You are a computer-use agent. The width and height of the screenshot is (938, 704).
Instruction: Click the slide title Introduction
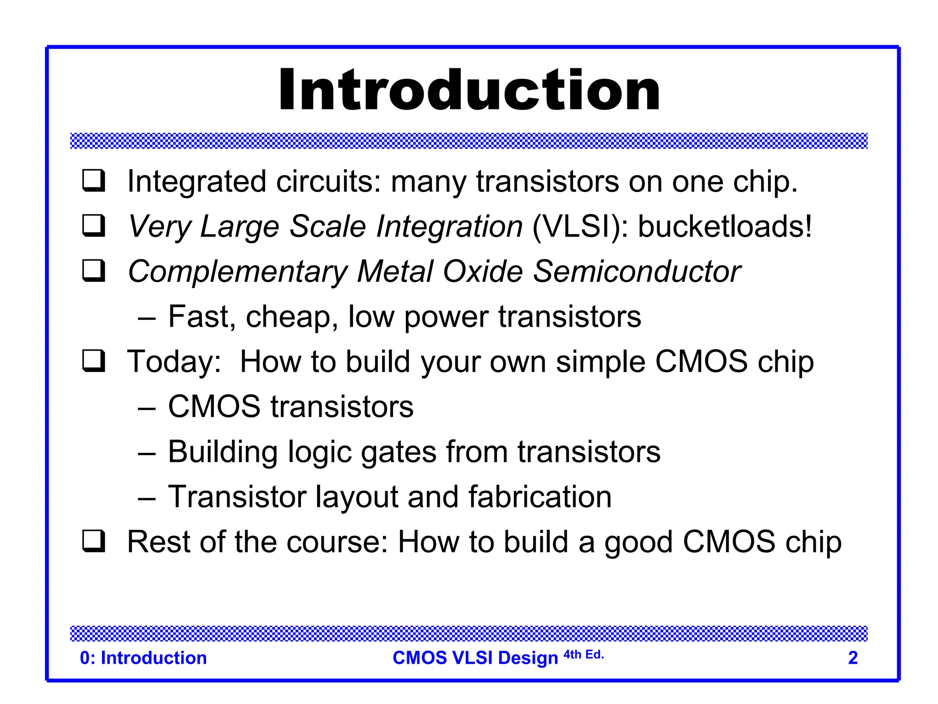click(x=469, y=90)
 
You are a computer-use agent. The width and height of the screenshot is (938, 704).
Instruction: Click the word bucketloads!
click(x=725, y=226)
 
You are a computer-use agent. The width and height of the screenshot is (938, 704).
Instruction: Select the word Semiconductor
click(x=637, y=271)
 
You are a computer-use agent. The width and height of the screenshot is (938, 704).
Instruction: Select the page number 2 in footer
click(x=852, y=658)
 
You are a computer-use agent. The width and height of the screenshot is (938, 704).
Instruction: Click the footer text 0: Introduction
click(x=143, y=658)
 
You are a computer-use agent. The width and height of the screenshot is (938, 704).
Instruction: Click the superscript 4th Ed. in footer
click(x=584, y=654)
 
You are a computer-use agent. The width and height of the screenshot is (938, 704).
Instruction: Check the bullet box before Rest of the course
click(x=94, y=541)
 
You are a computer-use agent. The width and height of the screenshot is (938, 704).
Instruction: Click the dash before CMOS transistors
click(x=147, y=407)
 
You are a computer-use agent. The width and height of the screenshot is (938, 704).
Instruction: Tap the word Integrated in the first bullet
click(x=197, y=182)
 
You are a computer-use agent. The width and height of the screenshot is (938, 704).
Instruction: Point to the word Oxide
click(x=483, y=271)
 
